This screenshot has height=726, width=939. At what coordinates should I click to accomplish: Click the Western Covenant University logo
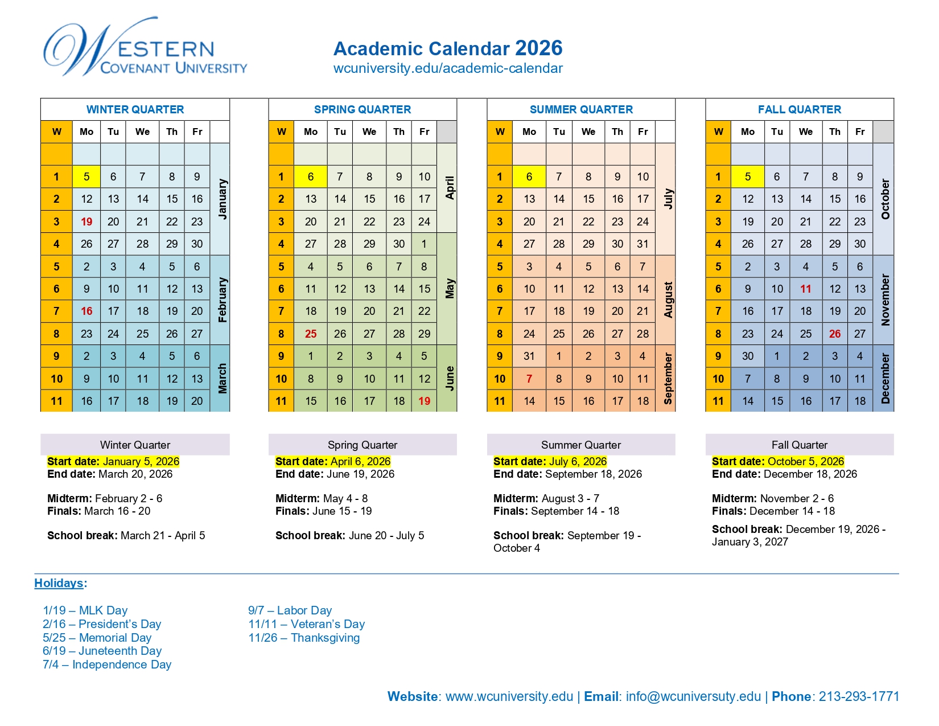point(145,48)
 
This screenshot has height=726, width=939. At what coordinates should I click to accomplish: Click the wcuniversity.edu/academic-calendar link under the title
point(448,68)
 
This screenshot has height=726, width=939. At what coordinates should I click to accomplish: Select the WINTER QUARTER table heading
point(135,109)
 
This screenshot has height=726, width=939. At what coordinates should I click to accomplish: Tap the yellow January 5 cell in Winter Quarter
point(87,177)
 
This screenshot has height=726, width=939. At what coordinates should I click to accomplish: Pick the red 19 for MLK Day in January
point(87,222)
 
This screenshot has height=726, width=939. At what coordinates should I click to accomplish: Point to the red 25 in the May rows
point(311,334)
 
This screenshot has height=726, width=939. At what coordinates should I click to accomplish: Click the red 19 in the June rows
point(424,401)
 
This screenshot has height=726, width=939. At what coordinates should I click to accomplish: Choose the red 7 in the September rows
point(529,379)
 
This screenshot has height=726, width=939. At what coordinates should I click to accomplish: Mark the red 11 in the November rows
point(805,289)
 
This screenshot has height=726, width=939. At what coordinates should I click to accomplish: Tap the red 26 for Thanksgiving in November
point(834,334)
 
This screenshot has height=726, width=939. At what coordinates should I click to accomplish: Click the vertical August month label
point(668,300)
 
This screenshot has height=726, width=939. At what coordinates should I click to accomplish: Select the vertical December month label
point(885,378)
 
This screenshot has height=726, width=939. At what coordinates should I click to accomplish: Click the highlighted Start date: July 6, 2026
point(550,461)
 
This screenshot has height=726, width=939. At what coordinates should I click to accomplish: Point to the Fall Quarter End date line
point(784,474)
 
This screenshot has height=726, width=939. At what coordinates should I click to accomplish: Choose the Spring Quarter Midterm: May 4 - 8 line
point(322,498)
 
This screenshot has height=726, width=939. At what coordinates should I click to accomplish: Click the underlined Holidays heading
point(59,583)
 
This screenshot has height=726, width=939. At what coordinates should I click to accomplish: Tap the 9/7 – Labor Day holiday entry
point(290,610)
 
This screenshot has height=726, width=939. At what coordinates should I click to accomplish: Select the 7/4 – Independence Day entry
point(107,665)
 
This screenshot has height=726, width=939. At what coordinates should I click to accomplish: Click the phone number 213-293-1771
point(859,696)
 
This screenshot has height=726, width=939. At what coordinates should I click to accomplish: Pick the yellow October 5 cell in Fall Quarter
point(747,177)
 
